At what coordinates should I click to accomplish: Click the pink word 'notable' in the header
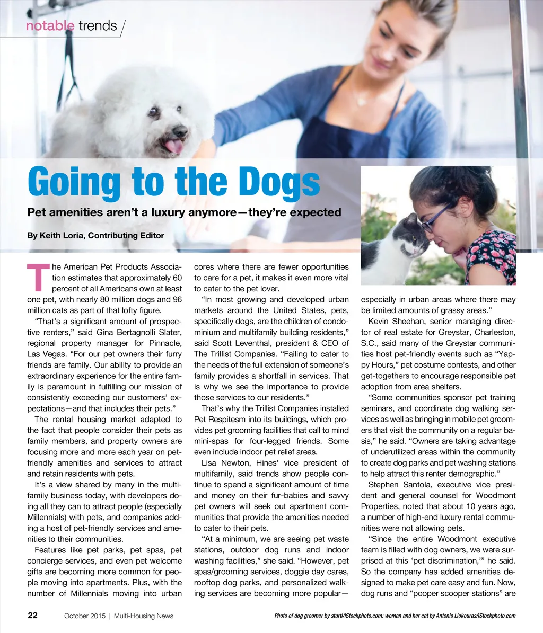[50, 25]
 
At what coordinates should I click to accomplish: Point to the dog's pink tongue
[173, 146]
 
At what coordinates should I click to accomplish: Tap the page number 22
[32, 616]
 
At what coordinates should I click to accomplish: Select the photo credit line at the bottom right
[395, 616]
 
